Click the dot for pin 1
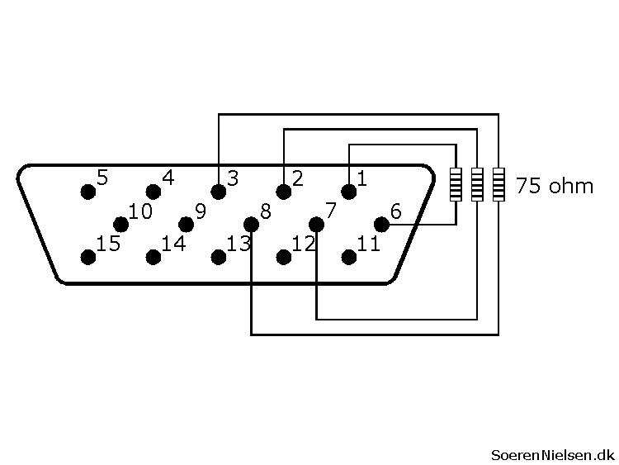tap(349, 192)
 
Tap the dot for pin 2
tap(284, 192)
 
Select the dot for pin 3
tap(219, 192)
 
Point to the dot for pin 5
tap(87, 192)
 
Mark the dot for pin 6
tap(381, 224)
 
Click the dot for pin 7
tap(316, 224)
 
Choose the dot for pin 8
tap(251, 224)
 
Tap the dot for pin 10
tap(120, 224)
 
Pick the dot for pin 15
tap(87, 257)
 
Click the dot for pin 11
tap(349, 257)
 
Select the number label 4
tap(168, 178)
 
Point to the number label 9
tap(200, 211)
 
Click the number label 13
tap(239, 244)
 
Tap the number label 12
tap(304, 244)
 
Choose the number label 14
tap(173, 244)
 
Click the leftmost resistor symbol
tap(456, 184)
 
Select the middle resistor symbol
tap(477, 184)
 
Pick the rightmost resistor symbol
tap(499, 184)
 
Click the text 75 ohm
tap(554, 185)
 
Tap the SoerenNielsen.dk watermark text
tap(552, 453)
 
